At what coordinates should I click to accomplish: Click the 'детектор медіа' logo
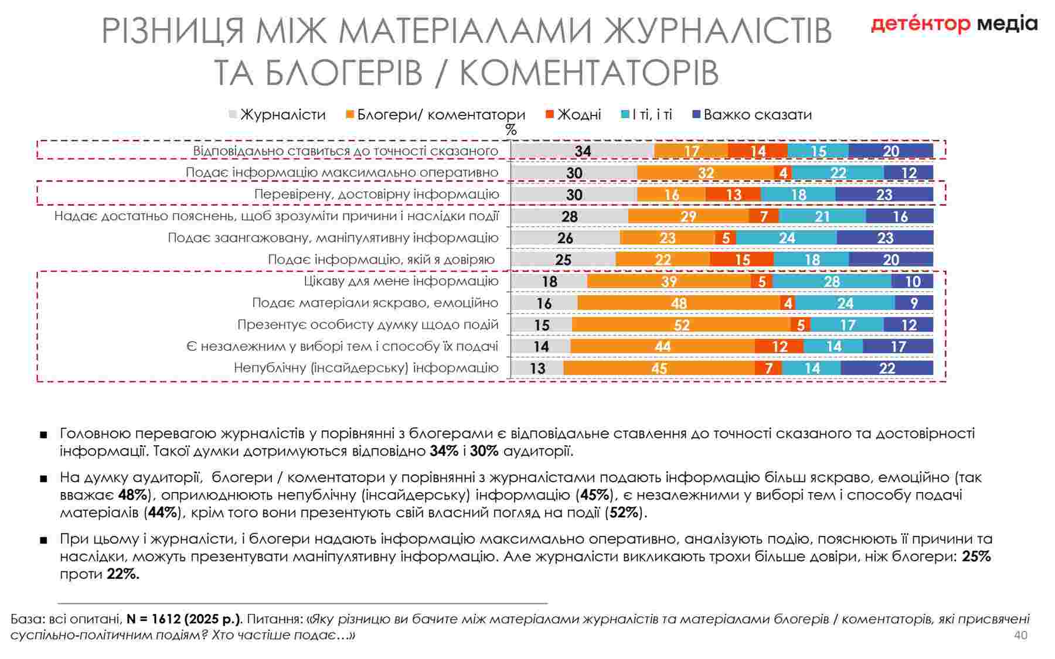tap(954, 24)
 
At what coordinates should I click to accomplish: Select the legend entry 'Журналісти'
tap(283, 115)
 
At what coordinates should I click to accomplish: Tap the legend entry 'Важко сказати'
tap(757, 115)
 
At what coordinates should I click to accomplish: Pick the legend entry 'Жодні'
tap(578, 115)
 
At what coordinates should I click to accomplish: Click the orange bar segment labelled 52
tap(681, 325)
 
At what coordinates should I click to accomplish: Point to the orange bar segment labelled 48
tap(679, 303)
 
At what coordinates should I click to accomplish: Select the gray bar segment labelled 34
tap(583, 151)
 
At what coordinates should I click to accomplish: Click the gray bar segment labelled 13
tap(537, 368)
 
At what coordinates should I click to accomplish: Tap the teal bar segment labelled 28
tap(832, 282)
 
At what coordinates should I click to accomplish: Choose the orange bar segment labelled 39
tap(669, 282)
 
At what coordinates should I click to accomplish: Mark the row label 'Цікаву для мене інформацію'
tap(401, 281)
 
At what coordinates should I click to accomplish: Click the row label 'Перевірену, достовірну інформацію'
tap(376, 194)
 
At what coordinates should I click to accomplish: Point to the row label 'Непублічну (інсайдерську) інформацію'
tap(366, 368)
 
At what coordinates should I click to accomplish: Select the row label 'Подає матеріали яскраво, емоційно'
tap(375, 303)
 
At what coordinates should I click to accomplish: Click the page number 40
tap(1020, 636)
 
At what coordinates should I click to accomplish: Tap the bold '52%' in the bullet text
tap(624, 513)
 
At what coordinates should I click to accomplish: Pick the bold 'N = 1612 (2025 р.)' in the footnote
tap(183, 619)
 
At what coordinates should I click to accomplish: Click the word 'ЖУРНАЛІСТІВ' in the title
tap(718, 30)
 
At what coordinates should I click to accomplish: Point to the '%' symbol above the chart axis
tap(511, 130)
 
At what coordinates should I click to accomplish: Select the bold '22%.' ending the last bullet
tap(123, 574)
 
